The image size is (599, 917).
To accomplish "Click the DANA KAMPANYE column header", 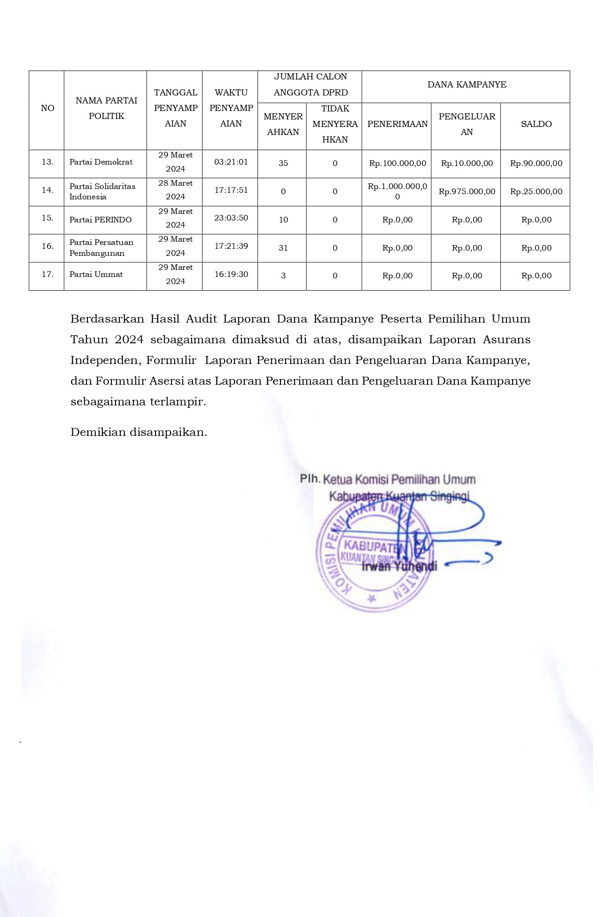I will pos(467,85).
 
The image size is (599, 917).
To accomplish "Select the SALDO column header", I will pos(536,124).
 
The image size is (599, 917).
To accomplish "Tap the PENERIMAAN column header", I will pos(397,124).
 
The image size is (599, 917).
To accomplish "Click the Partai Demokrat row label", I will pos(101,162).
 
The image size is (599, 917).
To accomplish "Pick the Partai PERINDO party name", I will pos(101,220).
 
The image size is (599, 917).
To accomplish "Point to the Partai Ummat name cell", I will pos(96,274).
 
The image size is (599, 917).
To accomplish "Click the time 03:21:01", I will pos(231,162).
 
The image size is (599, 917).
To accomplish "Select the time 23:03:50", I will pos(231,218).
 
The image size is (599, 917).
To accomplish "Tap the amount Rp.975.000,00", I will pos(467,191).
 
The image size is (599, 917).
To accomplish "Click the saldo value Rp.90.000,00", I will pos(536,163).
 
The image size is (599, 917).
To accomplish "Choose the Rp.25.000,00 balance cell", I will pos(536,191).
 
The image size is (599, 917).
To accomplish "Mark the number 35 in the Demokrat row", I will pos(283,163).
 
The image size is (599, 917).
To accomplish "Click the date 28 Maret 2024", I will pos(175,190).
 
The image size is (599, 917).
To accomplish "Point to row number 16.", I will pos(47,246).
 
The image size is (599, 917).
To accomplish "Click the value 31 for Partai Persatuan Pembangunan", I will pos(283,248).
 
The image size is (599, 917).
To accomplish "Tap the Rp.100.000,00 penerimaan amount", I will pos(397,163).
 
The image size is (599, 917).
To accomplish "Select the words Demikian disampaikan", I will pos(139,432).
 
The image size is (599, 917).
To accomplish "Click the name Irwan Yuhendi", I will pos(399,566).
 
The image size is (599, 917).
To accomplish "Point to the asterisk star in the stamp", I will pos(372,599).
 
